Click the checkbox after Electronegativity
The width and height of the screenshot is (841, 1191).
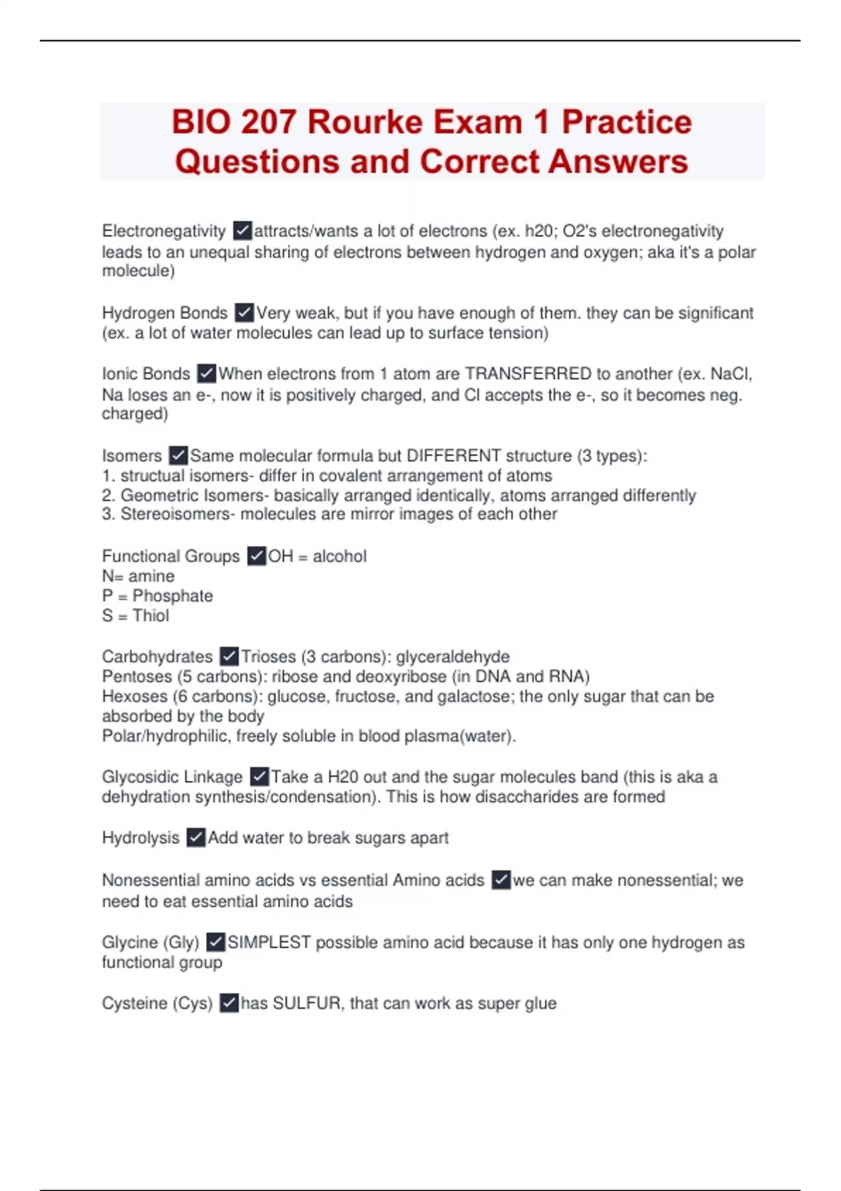point(242,230)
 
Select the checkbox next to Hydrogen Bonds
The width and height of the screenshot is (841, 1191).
point(244,312)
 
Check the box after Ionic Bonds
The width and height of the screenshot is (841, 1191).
point(206,373)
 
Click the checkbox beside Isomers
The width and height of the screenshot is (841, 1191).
point(179,455)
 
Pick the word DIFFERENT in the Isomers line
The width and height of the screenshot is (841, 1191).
point(453,455)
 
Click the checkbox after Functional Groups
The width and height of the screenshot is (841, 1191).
point(257,556)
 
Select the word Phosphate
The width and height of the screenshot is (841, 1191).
point(172,596)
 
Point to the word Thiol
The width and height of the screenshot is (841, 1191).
point(151,616)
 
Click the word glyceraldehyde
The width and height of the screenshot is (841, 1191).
point(453,657)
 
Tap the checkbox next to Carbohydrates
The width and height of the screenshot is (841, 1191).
point(229,656)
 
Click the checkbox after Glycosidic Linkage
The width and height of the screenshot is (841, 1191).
point(259,777)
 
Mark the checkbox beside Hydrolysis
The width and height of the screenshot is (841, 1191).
point(196,838)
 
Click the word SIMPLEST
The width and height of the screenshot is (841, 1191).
point(269,942)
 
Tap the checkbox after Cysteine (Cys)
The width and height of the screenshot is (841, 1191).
point(229,1003)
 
